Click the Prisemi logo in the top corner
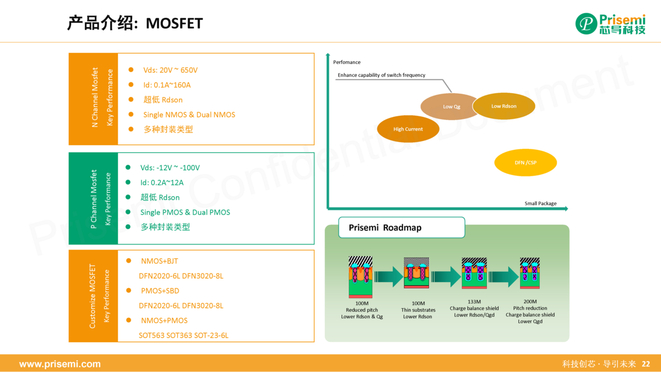pyautogui.click(x=610, y=23)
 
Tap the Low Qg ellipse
pyautogui.click(x=452, y=106)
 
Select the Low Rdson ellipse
pyautogui.click(x=504, y=106)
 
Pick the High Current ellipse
pyautogui.click(x=408, y=129)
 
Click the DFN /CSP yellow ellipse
pyautogui.click(x=525, y=163)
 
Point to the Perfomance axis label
pyautogui.click(x=347, y=62)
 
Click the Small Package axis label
pyautogui.click(x=540, y=203)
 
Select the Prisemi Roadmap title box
pyautogui.click(x=402, y=228)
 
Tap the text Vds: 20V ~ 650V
pyautogui.click(x=170, y=70)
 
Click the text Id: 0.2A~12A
pyautogui.click(x=162, y=182)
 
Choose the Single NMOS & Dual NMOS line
pyautogui.click(x=189, y=115)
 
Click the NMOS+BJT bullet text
pyautogui.click(x=160, y=261)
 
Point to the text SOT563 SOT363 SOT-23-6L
pyautogui.click(x=183, y=335)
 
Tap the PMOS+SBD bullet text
pyautogui.click(x=160, y=290)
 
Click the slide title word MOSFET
pyautogui.click(x=175, y=23)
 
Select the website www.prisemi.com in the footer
pyautogui.click(x=60, y=364)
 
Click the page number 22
pyautogui.click(x=646, y=364)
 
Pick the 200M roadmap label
pyautogui.click(x=530, y=301)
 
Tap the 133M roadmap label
pyautogui.click(x=474, y=301)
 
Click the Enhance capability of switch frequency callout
pyautogui.click(x=381, y=75)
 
